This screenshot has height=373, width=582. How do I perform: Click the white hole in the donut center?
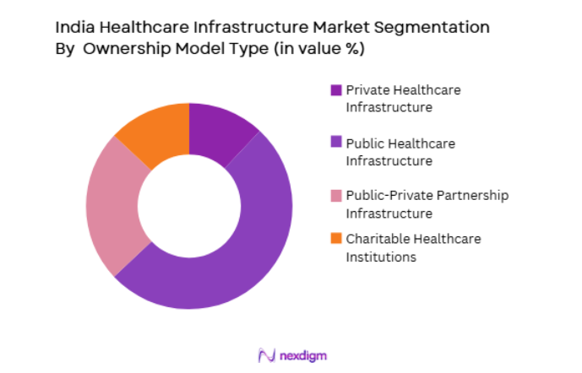click(188, 205)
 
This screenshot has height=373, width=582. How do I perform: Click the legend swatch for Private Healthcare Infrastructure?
click(335, 89)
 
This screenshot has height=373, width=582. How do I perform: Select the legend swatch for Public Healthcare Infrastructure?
click(335, 143)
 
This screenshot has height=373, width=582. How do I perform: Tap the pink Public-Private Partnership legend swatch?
click(335, 196)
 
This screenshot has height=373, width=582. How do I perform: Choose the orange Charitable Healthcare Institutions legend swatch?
click(335, 240)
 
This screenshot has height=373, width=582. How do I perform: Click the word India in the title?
click(73, 27)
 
